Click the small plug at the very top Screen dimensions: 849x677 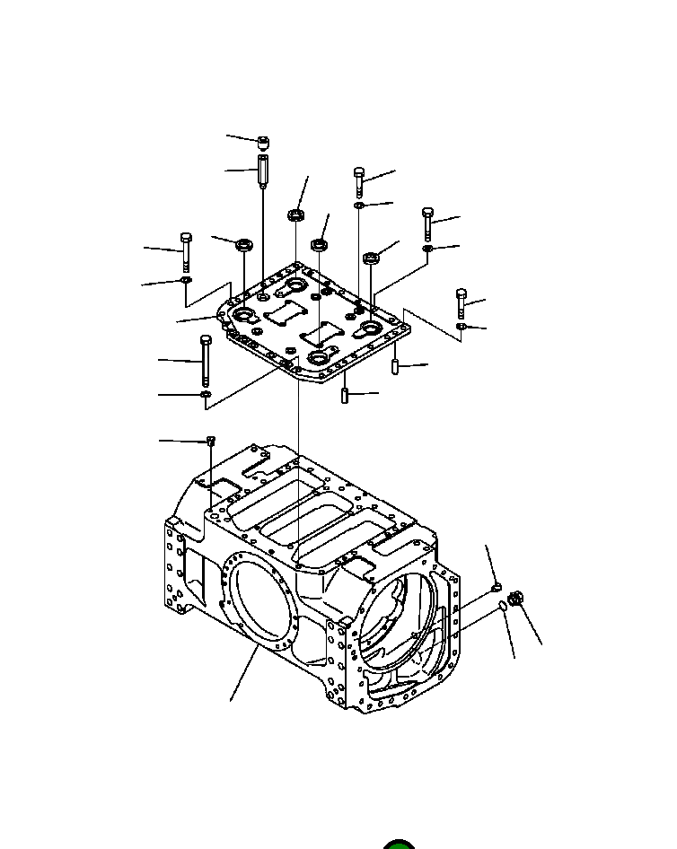coord(263,142)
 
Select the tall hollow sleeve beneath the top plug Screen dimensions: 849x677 coord(262,171)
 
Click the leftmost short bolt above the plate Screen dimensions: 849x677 coord(185,250)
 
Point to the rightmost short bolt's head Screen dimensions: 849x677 coord(462,294)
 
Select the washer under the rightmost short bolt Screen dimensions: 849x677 coord(461,327)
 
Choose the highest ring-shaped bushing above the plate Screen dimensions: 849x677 coord(295,215)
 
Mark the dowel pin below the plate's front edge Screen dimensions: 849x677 coord(345,395)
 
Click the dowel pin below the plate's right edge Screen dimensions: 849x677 coord(393,367)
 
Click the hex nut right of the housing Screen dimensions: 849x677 coord(515,599)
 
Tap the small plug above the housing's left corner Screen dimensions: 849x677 coord(209,440)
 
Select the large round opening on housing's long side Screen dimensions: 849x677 coord(261,599)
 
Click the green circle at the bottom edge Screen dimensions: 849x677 coord(398,844)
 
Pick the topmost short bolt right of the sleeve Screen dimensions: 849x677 coord(359,180)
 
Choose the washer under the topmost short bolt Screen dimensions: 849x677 coord(358,206)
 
